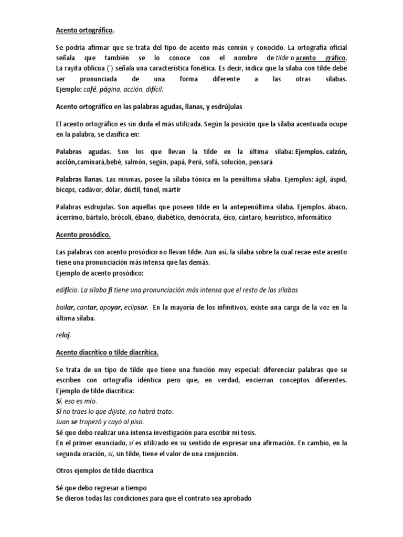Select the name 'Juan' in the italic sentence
click(63, 421)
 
